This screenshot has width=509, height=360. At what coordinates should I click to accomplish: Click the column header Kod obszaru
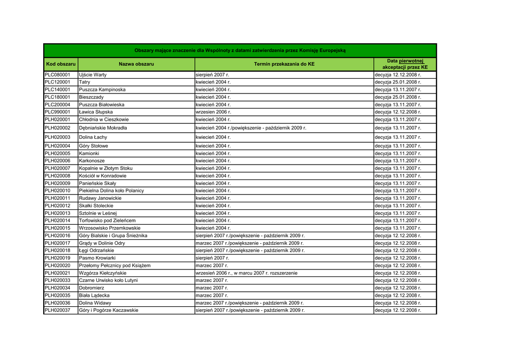tap(61, 64)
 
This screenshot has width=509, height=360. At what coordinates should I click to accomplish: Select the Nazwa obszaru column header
tap(136, 64)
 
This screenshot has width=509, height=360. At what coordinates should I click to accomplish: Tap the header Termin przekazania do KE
tap(284, 64)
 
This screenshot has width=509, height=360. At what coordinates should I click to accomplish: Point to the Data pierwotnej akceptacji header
tap(405, 64)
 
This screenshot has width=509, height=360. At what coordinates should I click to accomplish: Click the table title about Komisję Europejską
tap(240, 51)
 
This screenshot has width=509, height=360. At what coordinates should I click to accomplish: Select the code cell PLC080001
tap(58, 75)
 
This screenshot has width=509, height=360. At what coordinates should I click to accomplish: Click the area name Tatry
tap(85, 82)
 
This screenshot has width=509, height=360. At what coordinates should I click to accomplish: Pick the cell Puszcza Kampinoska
tap(102, 90)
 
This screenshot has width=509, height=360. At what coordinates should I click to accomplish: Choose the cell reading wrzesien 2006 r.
tap(213, 112)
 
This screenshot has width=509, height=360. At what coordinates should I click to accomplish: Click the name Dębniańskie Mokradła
tap(103, 128)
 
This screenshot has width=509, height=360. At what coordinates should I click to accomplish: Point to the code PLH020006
tap(58, 161)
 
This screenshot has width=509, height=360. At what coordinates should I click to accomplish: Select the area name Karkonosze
tap(92, 161)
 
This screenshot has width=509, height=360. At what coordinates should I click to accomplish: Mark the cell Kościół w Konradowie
tap(102, 176)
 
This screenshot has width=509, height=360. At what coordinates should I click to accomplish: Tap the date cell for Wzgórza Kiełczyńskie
tap(247, 273)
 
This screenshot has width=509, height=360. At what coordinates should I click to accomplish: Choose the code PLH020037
tap(58, 310)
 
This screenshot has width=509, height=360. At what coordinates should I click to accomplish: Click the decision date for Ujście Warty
tap(398, 75)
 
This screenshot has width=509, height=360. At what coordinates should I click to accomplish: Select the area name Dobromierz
tap(92, 288)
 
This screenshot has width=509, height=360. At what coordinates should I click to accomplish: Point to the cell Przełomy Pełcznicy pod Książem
tap(114, 266)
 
